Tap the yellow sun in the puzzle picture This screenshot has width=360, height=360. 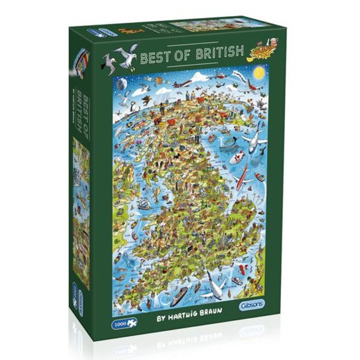(x=258, y=72)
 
